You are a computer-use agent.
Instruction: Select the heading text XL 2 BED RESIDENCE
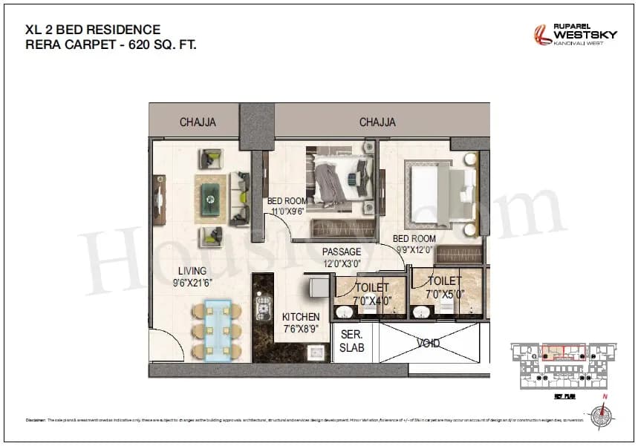point(93,30)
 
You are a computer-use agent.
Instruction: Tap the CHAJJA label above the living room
point(198,122)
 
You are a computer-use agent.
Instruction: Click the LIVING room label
point(192,271)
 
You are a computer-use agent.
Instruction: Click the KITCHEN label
point(300,316)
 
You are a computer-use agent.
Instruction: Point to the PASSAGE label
point(341,252)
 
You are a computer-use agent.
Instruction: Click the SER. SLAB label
point(352,341)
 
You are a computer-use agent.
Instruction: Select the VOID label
point(428,344)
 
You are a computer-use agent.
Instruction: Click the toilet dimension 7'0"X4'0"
point(371,301)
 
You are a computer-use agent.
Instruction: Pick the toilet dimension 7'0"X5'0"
point(445,295)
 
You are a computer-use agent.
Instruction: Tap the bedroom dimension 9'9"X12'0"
point(414,250)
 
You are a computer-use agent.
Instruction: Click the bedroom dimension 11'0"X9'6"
point(287,211)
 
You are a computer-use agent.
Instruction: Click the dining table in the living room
point(218,330)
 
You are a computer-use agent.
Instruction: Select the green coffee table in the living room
point(210,194)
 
